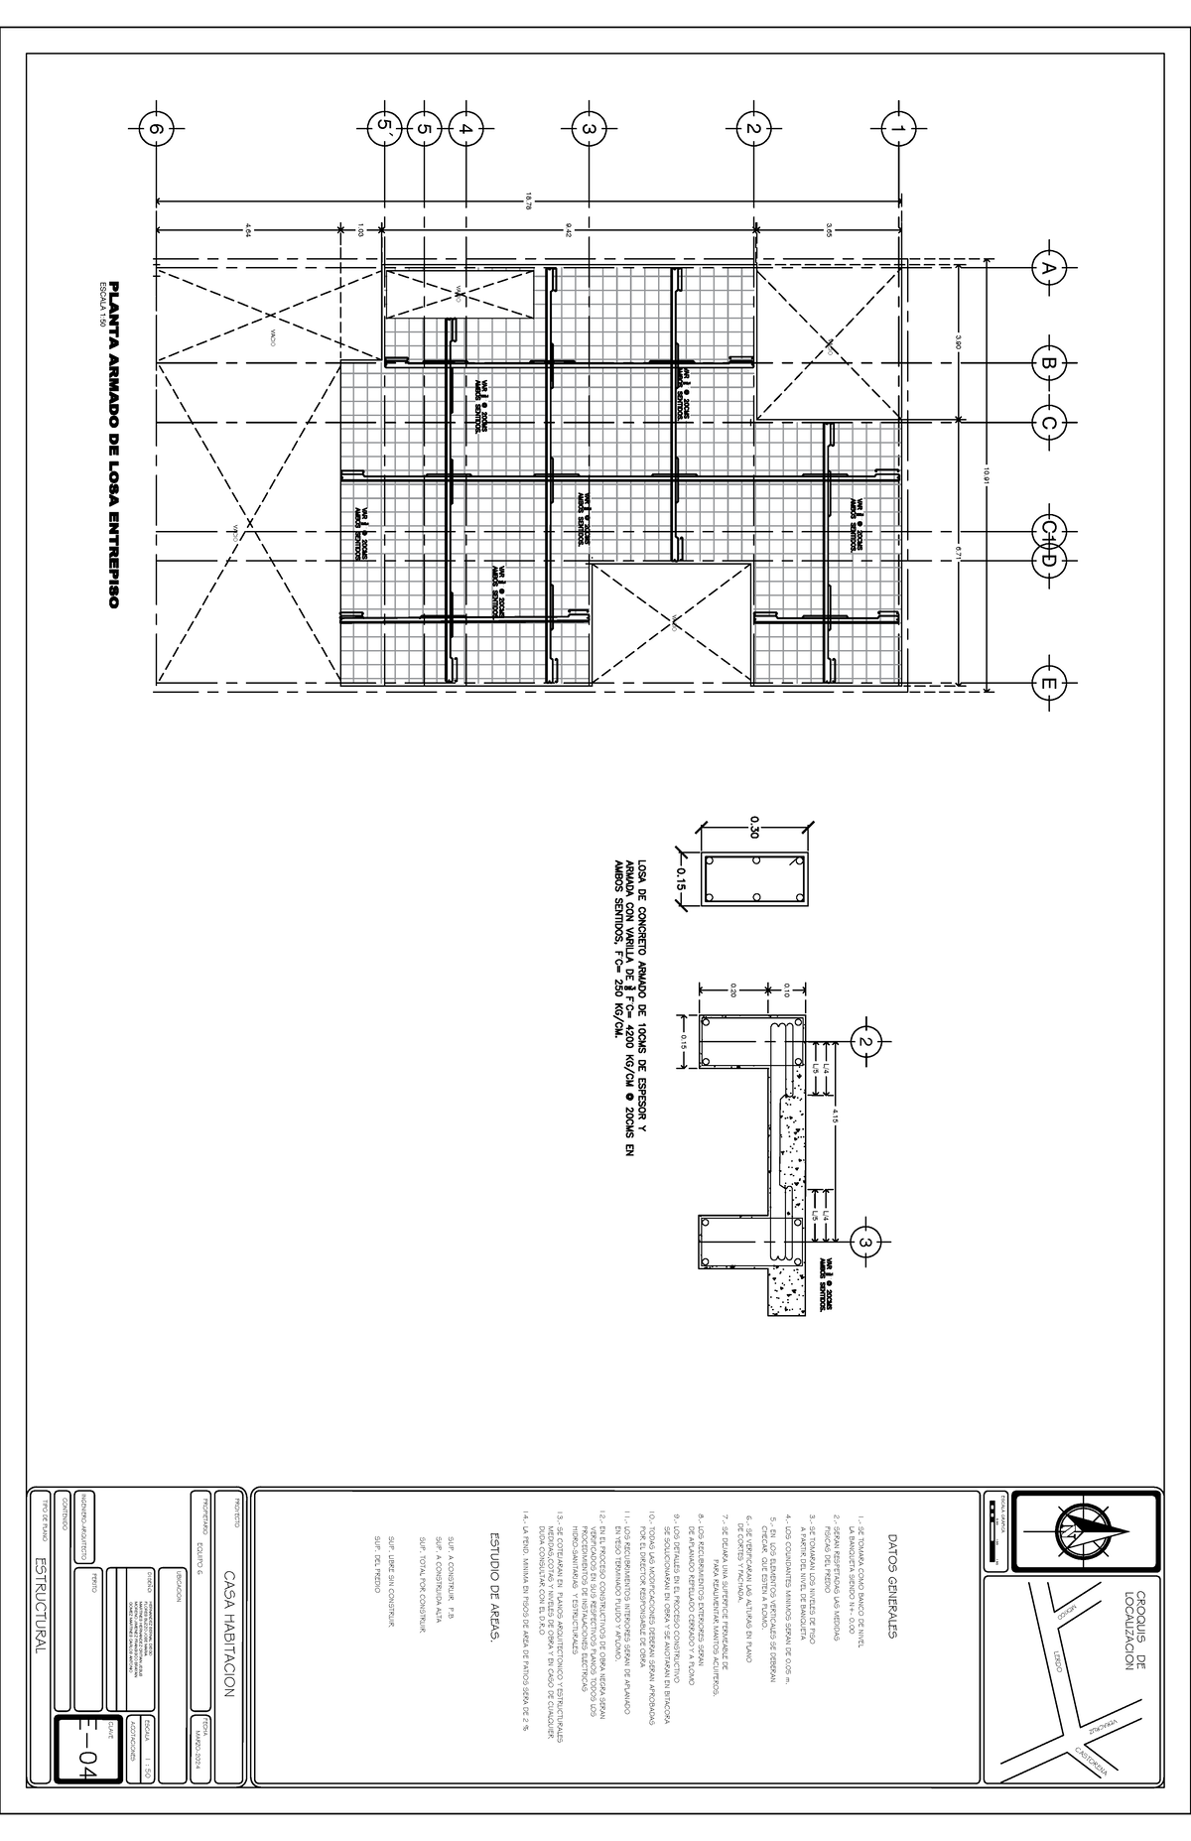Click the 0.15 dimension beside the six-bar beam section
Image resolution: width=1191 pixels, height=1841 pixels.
click(681, 878)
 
